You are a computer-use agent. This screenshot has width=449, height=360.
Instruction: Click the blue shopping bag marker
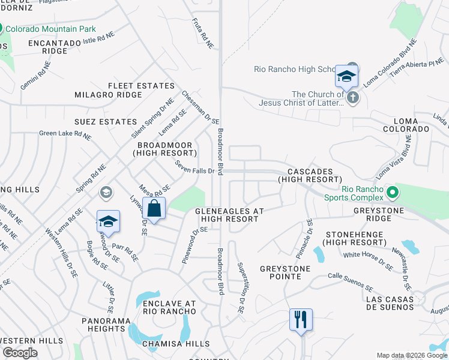[154, 209]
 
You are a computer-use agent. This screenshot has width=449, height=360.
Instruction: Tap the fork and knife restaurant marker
[301, 319]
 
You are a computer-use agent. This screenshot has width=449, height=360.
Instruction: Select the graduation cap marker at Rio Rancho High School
[346, 76]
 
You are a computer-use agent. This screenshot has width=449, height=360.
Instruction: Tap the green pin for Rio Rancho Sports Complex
[393, 193]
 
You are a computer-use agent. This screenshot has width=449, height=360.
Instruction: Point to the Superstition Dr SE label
[240, 288]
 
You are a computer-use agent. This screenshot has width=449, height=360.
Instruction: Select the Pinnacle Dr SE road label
[309, 236]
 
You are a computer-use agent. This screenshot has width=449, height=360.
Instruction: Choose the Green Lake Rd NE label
[65, 135]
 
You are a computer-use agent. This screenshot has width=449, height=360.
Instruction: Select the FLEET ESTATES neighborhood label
[141, 86]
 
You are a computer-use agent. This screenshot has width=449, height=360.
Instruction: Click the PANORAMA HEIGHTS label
[106, 325]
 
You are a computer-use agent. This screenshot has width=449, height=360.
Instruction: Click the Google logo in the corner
[20, 353]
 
